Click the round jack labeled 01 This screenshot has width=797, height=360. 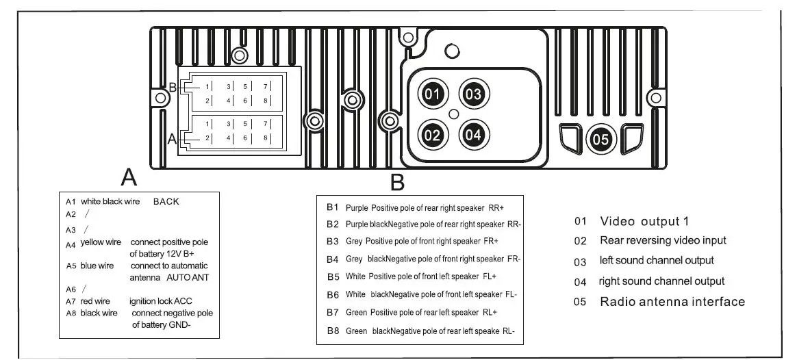coord(431,94)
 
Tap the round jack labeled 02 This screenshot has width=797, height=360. coord(431,135)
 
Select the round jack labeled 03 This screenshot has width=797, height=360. coord(474,94)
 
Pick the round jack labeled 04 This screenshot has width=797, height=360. coord(474,135)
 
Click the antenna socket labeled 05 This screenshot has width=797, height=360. coord(599,139)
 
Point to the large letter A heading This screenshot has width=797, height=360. coord(129,177)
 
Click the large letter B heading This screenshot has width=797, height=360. coord(398,183)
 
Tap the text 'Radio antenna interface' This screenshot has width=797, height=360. coord(672,302)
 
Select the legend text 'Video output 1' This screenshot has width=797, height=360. coord(644,221)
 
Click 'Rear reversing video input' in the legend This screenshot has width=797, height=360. coord(663,240)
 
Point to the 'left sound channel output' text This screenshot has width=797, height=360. coord(657,260)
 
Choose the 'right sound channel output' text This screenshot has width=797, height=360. coord(661,281)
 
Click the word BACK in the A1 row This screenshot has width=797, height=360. coord(166,202)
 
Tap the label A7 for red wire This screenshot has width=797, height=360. coord(71,301)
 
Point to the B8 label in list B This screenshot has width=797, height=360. coord(333,331)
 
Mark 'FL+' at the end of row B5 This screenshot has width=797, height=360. coord(489,277)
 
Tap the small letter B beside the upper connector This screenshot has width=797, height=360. coord(173,88)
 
